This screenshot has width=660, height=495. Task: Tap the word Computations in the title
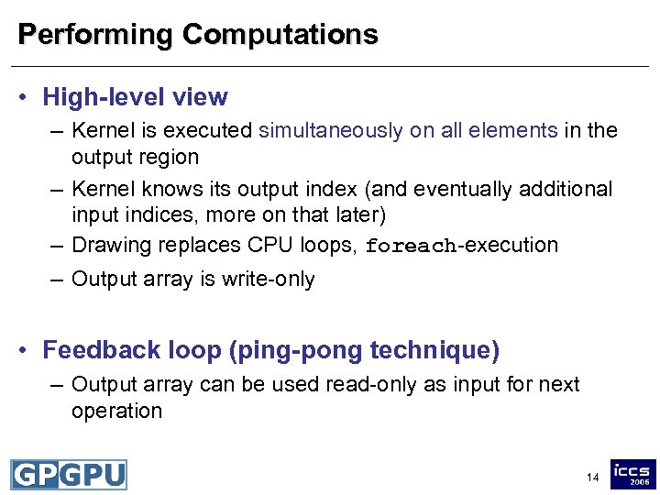(280, 35)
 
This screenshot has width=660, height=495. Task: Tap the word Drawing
(110, 246)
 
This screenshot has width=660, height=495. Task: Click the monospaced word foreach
(412, 247)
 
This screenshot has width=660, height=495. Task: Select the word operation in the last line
(116, 411)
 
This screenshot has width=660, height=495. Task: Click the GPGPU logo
(69, 475)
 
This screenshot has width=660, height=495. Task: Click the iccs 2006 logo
(633, 474)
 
